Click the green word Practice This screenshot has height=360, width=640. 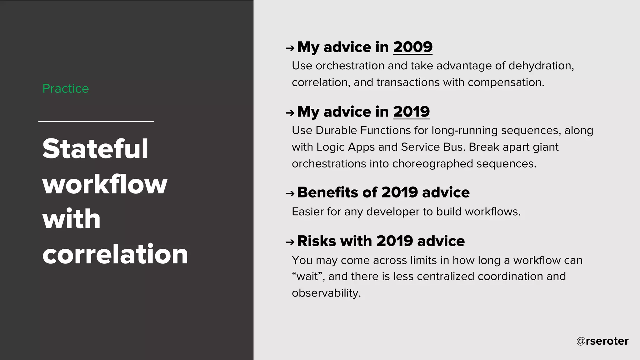pyautogui.click(x=66, y=89)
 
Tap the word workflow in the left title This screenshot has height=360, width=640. pyautogui.click(x=105, y=184)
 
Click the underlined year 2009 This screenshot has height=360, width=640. pyautogui.click(x=412, y=47)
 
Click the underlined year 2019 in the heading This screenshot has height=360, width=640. pyautogui.click(x=411, y=112)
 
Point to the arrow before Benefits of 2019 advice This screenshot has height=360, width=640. pyautogui.click(x=290, y=194)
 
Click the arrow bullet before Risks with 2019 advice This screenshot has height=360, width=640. pyautogui.click(x=290, y=242)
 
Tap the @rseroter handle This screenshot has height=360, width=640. pyautogui.click(x=602, y=341)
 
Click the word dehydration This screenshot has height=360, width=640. pyautogui.click(x=541, y=66)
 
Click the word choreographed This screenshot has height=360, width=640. pyautogui.click(x=432, y=164)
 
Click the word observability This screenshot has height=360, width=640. pyautogui.click(x=326, y=293)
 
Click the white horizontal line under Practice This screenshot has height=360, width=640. pyautogui.click(x=96, y=121)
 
